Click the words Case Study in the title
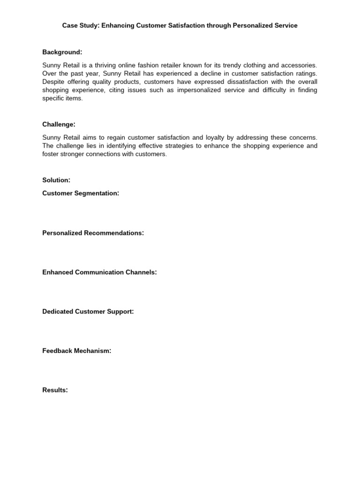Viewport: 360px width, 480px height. (80, 26)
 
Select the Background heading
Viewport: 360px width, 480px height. (62, 52)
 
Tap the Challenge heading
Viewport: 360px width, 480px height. (59, 124)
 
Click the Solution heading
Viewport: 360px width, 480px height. (56, 180)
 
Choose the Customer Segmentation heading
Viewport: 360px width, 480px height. (81, 193)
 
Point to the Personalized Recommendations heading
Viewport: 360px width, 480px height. (93, 233)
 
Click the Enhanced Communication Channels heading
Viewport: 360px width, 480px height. (99, 272)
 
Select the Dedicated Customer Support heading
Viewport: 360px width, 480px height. (88, 311)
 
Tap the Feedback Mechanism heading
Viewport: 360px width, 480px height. (77, 351)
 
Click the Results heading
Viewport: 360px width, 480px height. (55, 390)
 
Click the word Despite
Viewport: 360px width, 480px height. (52, 82)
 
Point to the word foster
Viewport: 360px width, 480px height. (50, 154)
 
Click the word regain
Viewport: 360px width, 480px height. (119, 137)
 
